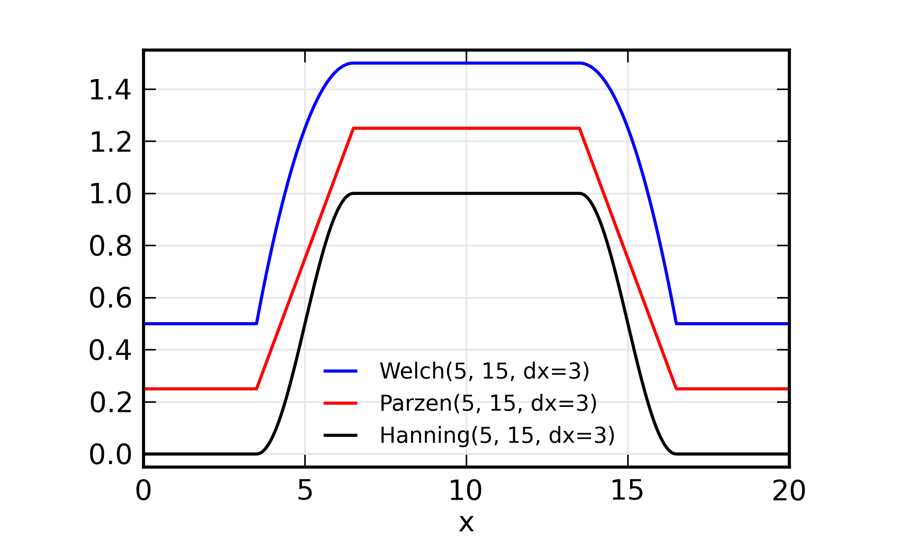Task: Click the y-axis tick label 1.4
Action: [x=110, y=90]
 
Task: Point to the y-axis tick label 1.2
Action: [x=110, y=142]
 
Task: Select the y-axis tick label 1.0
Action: [x=110, y=194]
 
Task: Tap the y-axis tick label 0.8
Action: [x=110, y=247]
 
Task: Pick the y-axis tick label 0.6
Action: [x=110, y=299]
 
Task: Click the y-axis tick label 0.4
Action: [x=110, y=350]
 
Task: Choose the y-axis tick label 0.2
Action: [x=110, y=403]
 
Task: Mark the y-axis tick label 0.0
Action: [x=110, y=455]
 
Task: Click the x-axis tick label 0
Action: [x=144, y=491]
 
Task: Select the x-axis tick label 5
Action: [x=305, y=491]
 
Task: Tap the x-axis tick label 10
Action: [x=466, y=491]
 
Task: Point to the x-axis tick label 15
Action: [x=627, y=491]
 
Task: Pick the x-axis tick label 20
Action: [x=789, y=491]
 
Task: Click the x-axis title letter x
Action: [x=466, y=523]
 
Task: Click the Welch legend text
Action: [x=484, y=371]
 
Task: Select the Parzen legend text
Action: [x=488, y=403]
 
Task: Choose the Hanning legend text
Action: [x=497, y=435]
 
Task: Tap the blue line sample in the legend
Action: [x=340, y=371]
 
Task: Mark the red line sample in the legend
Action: [x=340, y=403]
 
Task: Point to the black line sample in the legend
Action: [x=340, y=435]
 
